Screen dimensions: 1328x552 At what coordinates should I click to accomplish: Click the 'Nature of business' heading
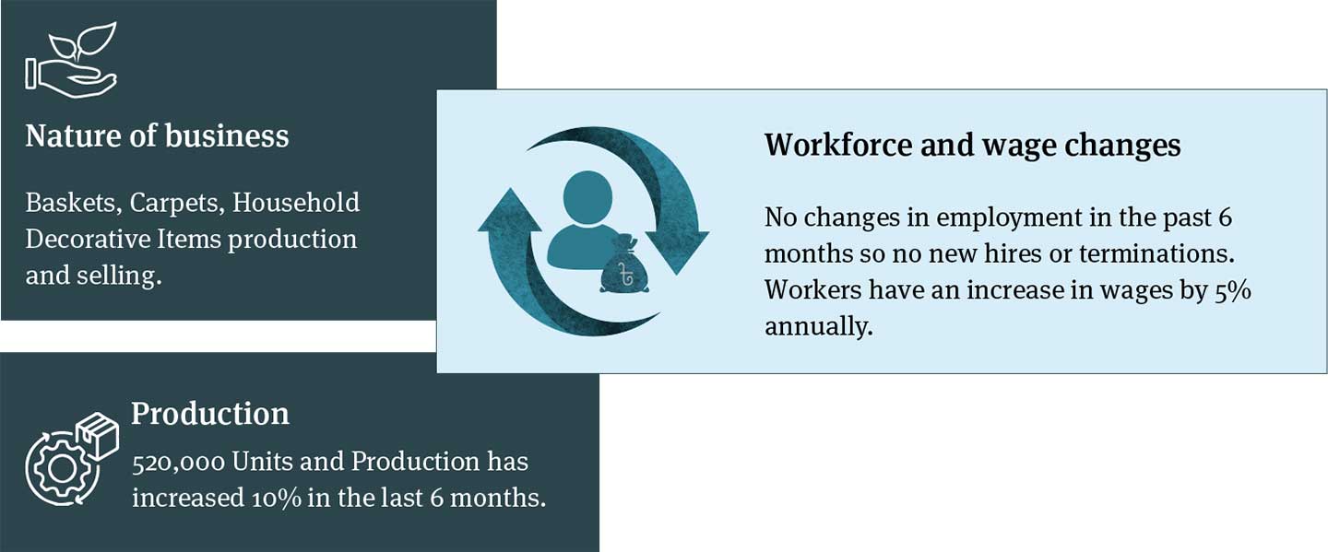[157, 136]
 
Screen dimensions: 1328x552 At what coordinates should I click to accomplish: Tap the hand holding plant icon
[71, 60]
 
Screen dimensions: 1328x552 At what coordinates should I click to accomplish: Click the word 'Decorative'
[87, 240]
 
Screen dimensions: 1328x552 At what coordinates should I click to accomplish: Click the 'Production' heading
[210, 414]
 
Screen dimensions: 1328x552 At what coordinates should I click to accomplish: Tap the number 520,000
[178, 463]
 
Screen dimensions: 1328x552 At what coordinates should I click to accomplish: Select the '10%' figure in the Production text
[277, 499]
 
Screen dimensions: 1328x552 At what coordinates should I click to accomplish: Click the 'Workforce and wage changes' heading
[972, 145]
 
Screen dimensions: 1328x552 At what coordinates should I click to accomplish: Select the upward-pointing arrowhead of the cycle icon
[509, 210]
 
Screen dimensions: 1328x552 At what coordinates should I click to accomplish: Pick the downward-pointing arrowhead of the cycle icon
[677, 253]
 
